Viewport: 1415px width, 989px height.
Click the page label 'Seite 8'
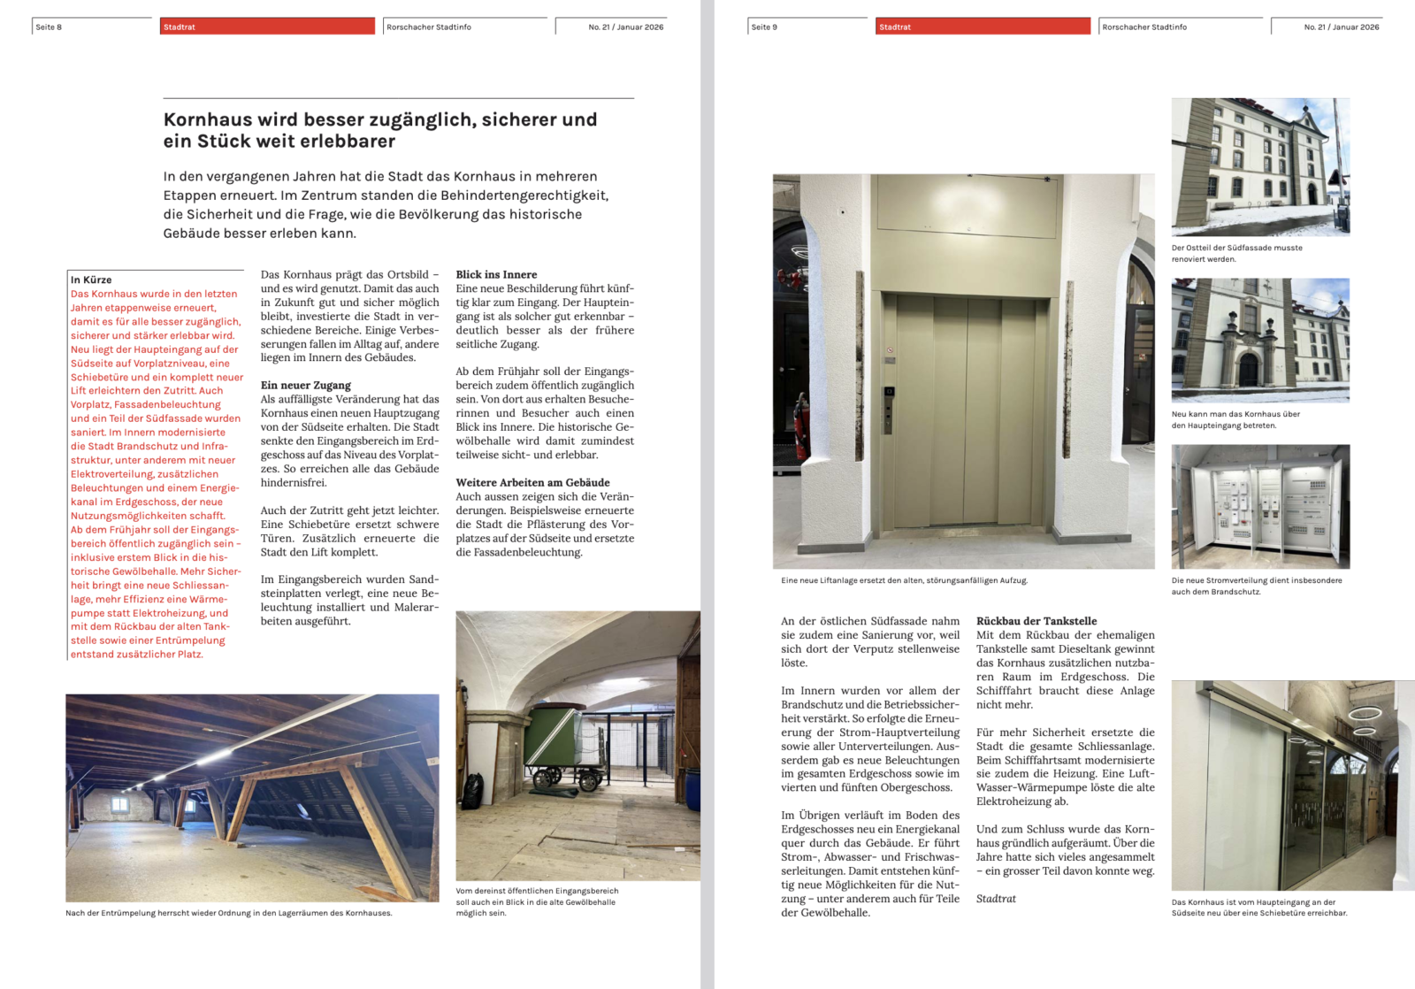click(x=49, y=27)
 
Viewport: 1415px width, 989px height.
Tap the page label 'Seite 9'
click(x=764, y=27)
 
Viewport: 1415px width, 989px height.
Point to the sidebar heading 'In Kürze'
click(x=91, y=280)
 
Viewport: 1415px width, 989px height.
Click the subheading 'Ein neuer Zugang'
click(x=305, y=385)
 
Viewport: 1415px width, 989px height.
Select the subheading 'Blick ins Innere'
click(x=496, y=274)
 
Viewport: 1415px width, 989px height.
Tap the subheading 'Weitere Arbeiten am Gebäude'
click(x=532, y=482)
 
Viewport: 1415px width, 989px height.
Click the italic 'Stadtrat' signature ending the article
click(x=996, y=899)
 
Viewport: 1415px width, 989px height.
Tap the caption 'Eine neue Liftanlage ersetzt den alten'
click(x=904, y=580)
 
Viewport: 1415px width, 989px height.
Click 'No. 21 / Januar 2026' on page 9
click(x=1341, y=27)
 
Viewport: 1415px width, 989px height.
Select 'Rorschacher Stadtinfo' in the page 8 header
click(x=429, y=27)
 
